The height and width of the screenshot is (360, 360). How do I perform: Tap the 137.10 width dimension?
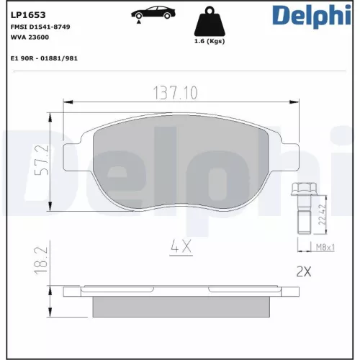pos(177,93)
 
